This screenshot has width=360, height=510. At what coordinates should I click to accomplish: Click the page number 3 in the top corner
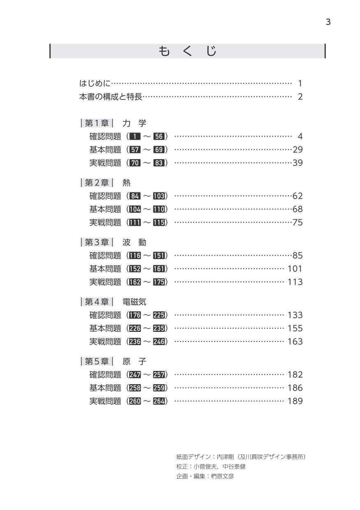328,22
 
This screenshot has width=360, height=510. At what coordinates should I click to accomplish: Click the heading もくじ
187,51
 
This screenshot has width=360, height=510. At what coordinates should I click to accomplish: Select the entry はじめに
95,83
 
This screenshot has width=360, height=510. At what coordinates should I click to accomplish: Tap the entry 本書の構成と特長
110,97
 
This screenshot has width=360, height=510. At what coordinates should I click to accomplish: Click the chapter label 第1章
97,123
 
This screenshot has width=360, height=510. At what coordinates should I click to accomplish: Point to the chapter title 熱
126,183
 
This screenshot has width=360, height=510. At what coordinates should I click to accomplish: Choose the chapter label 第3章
97,242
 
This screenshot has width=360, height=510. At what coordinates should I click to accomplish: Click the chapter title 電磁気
134,302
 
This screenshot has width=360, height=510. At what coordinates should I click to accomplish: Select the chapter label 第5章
97,362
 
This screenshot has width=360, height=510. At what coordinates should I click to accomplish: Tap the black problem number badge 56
159,137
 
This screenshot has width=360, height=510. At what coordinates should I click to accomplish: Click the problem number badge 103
159,196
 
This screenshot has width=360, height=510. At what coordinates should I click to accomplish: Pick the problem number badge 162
135,282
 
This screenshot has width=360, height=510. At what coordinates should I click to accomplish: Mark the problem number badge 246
159,342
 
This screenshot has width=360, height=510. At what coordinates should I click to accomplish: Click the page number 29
297,150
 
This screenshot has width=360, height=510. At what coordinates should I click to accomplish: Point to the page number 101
295,269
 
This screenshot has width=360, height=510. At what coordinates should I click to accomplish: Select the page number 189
295,401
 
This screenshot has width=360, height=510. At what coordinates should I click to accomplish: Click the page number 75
297,223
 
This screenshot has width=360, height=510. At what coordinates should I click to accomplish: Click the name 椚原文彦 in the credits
222,476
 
